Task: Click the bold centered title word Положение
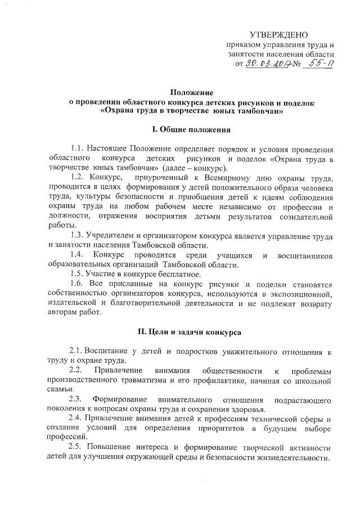click(191, 92)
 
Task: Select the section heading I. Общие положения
click(191, 130)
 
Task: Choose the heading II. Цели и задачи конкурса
click(191, 333)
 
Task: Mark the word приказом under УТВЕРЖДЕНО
click(245, 46)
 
